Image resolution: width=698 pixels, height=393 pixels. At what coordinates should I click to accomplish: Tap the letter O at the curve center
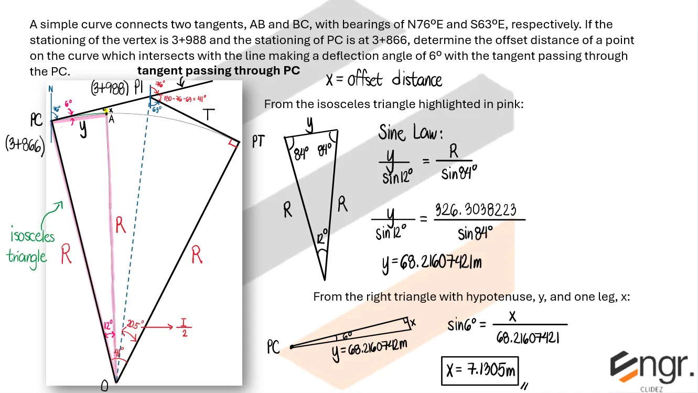[x=104, y=386]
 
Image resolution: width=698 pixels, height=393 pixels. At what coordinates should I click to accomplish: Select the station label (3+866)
[x=25, y=144]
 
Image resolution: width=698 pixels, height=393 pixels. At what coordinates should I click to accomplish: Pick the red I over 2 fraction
[x=184, y=328]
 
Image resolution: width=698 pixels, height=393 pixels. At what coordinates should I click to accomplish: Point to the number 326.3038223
[x=476, y=211]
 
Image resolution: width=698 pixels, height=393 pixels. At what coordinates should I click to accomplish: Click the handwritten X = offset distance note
[x=383, y=80]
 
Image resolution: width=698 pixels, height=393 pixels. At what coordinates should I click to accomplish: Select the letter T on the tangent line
[x=209, y=114]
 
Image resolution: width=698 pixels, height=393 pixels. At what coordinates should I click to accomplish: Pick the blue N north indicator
[x=51, y=89]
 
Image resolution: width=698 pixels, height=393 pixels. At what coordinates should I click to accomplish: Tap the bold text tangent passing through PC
[x=219, y=70]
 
